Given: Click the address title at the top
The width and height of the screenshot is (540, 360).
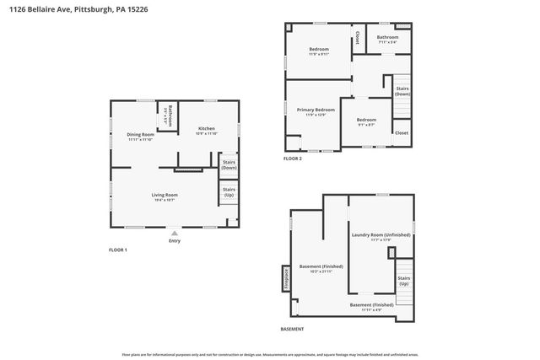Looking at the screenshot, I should [68, 8].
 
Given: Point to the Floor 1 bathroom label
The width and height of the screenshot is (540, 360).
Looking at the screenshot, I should [170, 114].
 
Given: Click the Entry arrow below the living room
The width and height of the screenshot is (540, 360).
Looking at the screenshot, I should [175, 232].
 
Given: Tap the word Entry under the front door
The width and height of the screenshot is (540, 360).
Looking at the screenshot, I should [175, 241].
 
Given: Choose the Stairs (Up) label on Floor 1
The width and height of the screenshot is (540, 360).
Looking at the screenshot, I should [229, 191].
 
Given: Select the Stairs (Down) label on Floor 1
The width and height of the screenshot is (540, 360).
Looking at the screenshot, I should [229, 165].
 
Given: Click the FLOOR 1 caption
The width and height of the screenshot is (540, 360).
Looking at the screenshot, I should [118, 250].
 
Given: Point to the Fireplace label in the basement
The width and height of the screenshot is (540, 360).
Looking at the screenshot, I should [286, 277].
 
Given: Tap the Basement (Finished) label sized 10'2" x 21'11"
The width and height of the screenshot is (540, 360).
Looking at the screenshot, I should [310, 268].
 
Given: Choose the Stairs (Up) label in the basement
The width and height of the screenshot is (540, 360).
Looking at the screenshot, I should [403, 280].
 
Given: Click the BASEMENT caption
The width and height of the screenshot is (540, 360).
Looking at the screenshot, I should [292, 329].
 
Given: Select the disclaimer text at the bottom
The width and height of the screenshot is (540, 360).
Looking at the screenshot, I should [270, 355].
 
